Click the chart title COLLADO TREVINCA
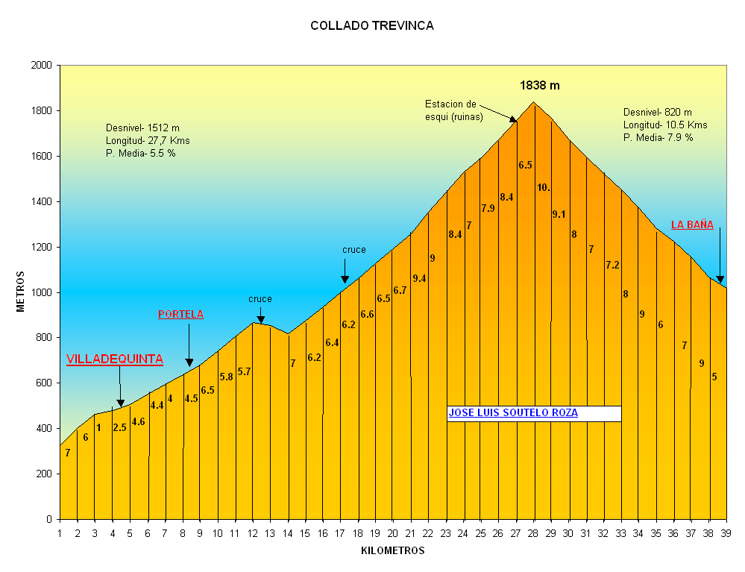click(371, 25)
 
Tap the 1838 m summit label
click(539, 86)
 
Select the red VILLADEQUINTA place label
click(114, 359)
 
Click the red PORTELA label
click(180, 314)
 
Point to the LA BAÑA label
click(692, 224)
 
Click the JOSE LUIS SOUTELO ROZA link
click(513, 412)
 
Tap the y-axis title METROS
click(22, 292)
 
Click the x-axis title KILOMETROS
click(392, 551)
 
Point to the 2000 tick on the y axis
click(42, 66)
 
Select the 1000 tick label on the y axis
click(42, 292)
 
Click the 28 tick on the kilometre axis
click(533, 533)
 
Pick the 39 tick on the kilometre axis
click(726, 533)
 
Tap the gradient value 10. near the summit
click(544, 187)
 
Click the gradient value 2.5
click(119, 427)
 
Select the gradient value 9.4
click(419, 278)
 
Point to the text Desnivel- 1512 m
click(142, 127)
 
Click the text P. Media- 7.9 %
click(658, 137)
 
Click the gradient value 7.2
click(612, 265)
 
